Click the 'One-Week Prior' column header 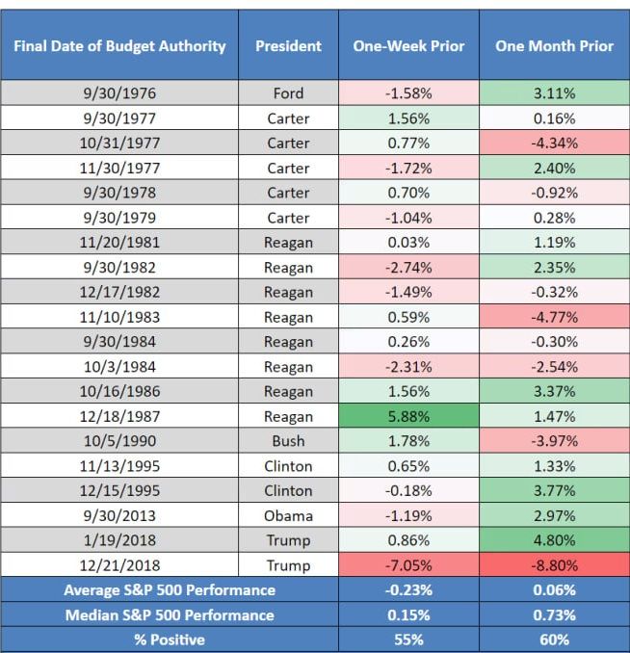pyautogui.click(x=408, y=46)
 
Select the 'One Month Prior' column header pyautogui.click(x=554, y=46)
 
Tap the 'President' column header pyautogui.click(x=287, y=46)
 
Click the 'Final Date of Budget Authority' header pyautogui.click(x=120, y=46)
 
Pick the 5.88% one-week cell pyautogui.click(x=408, y=416)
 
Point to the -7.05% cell pyautogui.click(x=408, y=565)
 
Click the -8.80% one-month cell pyautogui.click(x=554, y=565)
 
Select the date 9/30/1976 pyautogui.click(x=120, y=93)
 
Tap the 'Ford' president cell pyautogui.click(x=287, y=93)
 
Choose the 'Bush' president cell pyautogui.click(x=287, y=441)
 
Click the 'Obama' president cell pyautogui.click(x=287, y=515)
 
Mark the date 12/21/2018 pyautogui.click(x=120, y=565)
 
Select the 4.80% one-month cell pyautogui.click(x=554, y=540)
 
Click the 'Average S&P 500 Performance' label pyautogui.click(x=169, y=589)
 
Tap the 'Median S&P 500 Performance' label pyautogui.click(x=169, y=614)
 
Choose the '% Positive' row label pyautogui.click(x=169, y=639)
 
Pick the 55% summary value pyautogui.click(x=408, y=639)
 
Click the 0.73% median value pyautogui.click(x=554, y=614)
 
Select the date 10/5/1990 pyautogui.click(x=120, y=441)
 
